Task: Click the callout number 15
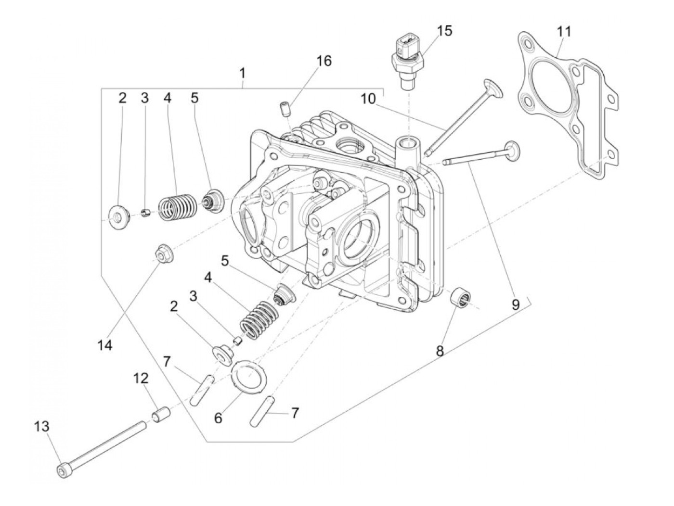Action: (x=444, y=31)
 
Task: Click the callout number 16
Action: (x=324, y=61)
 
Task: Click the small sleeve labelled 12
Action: (x=162, y=414)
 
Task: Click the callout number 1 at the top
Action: (x=242, y=74)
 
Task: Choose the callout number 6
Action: (x=219, y=418)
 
